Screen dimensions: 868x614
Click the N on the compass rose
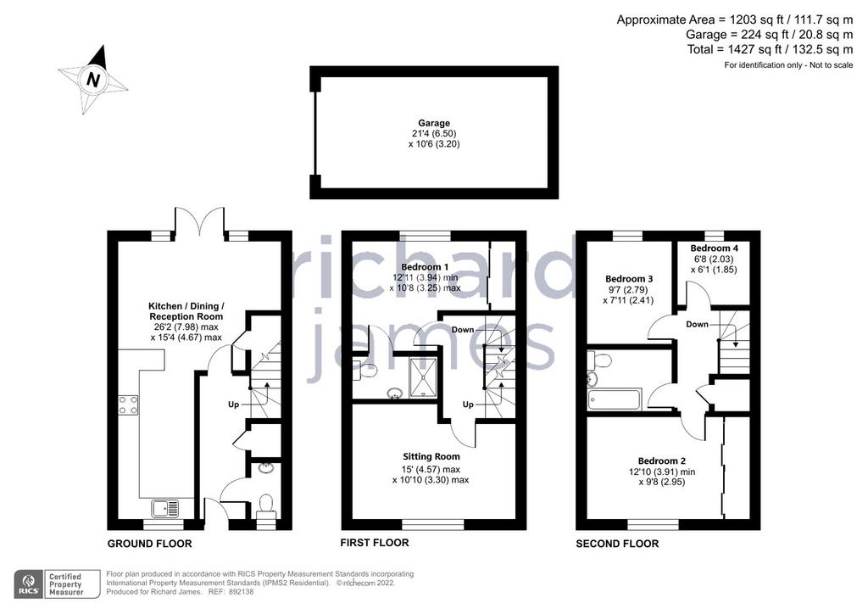coord(93,81)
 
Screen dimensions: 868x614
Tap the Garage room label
coord(434,123)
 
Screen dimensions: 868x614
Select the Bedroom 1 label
coord(426,267)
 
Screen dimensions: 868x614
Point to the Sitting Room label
coord(431,457)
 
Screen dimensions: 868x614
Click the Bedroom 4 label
coord(714,248)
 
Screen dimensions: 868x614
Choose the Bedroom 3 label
coord(629,279)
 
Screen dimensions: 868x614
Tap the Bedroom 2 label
coord(661,460)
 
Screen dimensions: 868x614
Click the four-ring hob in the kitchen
coord(128,405)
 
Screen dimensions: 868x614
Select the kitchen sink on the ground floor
coord(165,507)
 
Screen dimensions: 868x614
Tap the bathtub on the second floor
coord(615,399)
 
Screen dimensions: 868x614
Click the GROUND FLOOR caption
coord(149,544)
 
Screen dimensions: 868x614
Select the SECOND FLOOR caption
coord(617,544)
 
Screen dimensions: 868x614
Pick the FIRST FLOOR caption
coord(374,543)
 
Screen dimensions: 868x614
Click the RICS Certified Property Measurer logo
coord(57,584)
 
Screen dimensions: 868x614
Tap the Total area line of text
coord(770,49)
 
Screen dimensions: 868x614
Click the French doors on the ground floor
coord(200,221)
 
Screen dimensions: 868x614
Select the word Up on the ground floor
coord(234,405)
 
